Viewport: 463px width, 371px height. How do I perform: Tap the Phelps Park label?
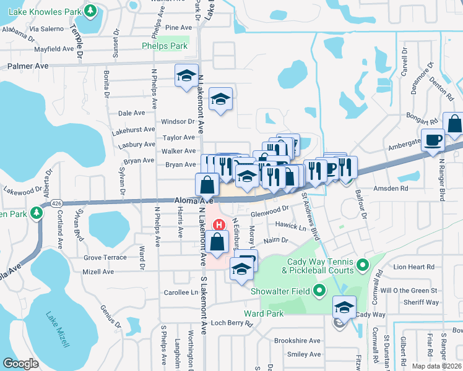tap(164, 46)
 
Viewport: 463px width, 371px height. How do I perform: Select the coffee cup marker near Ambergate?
tap(432, 139)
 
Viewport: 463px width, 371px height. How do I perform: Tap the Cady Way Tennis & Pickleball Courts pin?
tap(363, 267)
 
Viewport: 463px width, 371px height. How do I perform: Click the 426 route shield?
tap(57, 202)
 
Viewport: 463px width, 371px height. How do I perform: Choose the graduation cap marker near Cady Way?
tap(344, 306)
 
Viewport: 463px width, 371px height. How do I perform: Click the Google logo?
tap(20, 364)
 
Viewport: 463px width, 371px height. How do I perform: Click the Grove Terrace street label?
tap(105, 257)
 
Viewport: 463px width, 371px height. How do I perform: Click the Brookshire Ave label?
tap(297, 341)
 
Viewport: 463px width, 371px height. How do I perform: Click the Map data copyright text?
tap(437, 366)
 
